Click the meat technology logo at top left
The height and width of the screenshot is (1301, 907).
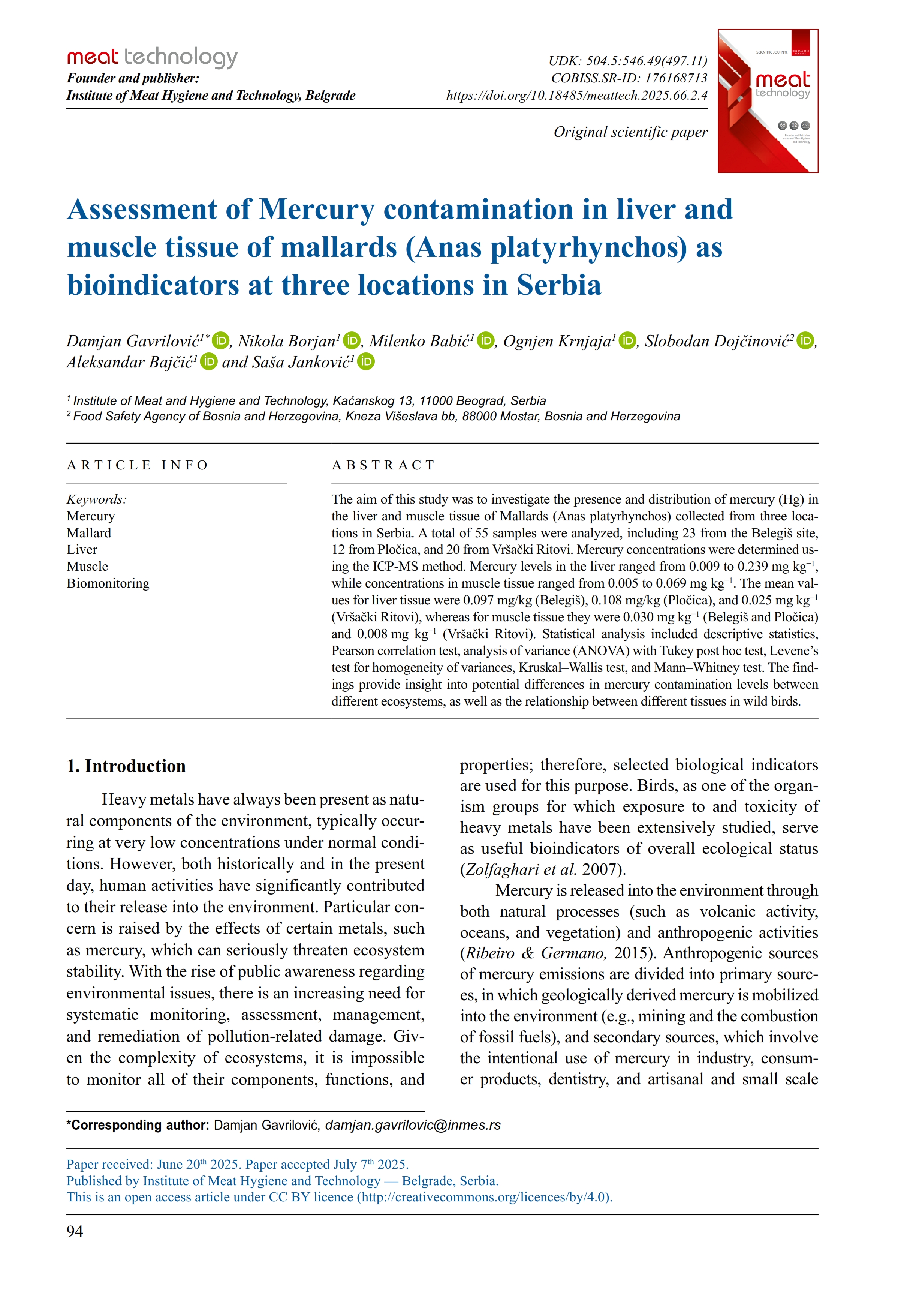point(152,57)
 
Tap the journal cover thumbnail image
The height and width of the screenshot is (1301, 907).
point(767,101)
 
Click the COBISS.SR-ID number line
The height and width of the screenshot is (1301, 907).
point(629,78)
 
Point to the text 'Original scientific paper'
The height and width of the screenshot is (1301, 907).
point(630,132)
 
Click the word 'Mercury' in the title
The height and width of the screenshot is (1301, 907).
point(316,210)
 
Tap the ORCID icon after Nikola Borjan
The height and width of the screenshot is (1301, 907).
point(352,340)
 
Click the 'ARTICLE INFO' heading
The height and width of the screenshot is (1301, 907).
point(138,465)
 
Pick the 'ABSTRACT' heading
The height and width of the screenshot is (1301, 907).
point(383,465)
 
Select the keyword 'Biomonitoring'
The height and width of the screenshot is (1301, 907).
point(108,583)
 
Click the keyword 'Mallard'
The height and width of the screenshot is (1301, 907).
point(89,533)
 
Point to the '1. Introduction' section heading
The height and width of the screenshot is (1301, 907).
point(126,766)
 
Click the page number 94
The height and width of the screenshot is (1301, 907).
point(75,1231)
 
